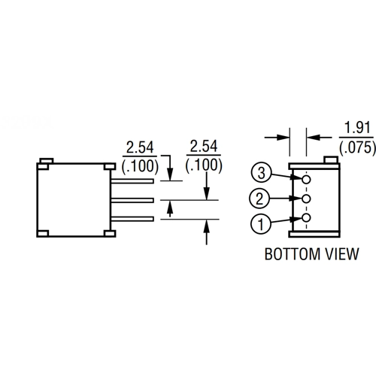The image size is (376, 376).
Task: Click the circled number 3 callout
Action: pyautogui.click(x=261, y=173)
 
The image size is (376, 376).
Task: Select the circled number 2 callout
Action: pyautogui.click(x=259, y=199)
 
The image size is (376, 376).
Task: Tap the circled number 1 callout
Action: pyautogui.click(x=261, y=224)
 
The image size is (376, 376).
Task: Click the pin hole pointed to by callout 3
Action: pyautogui.click(x=306, y=180)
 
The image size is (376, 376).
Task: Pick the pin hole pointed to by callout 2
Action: pyautogui.click(x=306, y=199)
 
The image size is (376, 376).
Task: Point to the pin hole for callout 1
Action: pyautogui.click(x=306, y=218)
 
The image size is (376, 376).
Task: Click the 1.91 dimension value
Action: pyautogui.click(x=357, y=128)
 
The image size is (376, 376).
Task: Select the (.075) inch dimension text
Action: pyautogui.click(x=357, y=147)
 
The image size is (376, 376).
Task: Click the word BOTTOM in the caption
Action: pyautogui.click(x=293, y=254)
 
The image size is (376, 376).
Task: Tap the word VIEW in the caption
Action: pyautogui.click(x=342, y=254)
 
